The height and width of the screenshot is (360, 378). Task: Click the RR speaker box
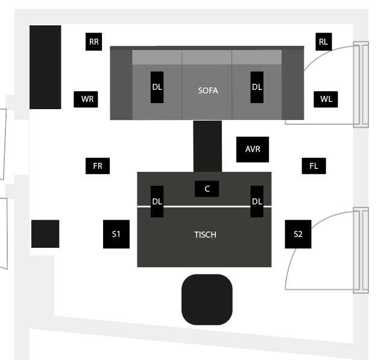click(94, 42)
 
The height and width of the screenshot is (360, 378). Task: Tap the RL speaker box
click(324, 42)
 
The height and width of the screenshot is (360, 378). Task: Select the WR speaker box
click(86, 99)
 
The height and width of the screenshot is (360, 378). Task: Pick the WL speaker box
click(326, 99)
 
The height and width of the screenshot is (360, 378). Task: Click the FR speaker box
click(98, 166)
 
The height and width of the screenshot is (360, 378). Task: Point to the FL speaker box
click(314, 166)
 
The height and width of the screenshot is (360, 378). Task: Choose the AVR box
click(253, 150)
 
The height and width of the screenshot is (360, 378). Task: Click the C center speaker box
click(207, 189)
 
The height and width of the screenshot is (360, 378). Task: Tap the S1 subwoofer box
click(116, 234)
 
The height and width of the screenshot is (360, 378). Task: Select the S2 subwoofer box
click(298, 234)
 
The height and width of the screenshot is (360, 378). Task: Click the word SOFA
click(208, 90)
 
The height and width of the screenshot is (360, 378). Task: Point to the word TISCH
click(205, 235)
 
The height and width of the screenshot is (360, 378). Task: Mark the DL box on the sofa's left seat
click(157, 87)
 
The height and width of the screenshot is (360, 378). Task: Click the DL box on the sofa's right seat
click(257, 87)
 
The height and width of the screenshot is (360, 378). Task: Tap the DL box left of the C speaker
click(157, 201)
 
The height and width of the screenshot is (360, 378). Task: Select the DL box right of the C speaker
click(257, 201)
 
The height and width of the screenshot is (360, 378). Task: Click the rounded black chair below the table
click(207, 300)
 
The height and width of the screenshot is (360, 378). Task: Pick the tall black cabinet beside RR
click(45, 67)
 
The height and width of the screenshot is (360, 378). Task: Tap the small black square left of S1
click(45, 233)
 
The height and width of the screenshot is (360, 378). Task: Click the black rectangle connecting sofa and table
click(207, 147)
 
